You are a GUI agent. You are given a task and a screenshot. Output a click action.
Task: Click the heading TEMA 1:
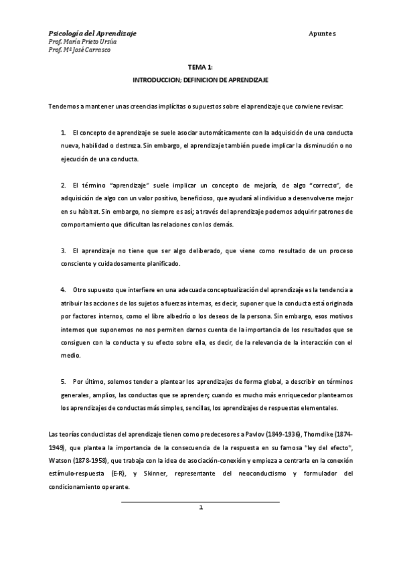[x=200, y=68]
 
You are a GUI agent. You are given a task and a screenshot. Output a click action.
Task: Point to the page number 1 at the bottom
[x=200, y=507]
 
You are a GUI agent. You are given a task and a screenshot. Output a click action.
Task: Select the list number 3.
[x=63, y=250]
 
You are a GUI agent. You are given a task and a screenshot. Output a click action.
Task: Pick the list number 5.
[x=63, y=379]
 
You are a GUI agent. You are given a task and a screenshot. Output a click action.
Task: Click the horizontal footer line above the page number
[x=200, y=500]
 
